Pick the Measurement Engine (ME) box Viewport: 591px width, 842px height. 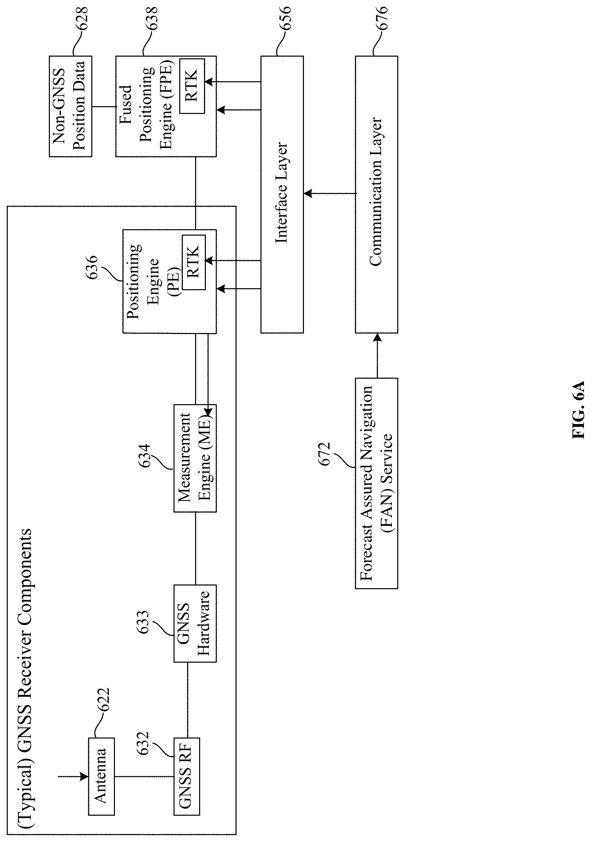click(195, 458)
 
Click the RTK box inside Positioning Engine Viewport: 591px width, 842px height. click(194, 262)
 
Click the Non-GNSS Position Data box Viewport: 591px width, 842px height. click(70, 107)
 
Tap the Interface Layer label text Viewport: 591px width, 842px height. click(282, 192)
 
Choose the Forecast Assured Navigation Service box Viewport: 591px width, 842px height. click(376, 483)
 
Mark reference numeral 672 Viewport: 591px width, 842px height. click(324, 454)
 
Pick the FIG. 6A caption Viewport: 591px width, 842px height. click(578, 410)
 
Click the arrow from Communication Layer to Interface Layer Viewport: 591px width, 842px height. click(330, 193)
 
